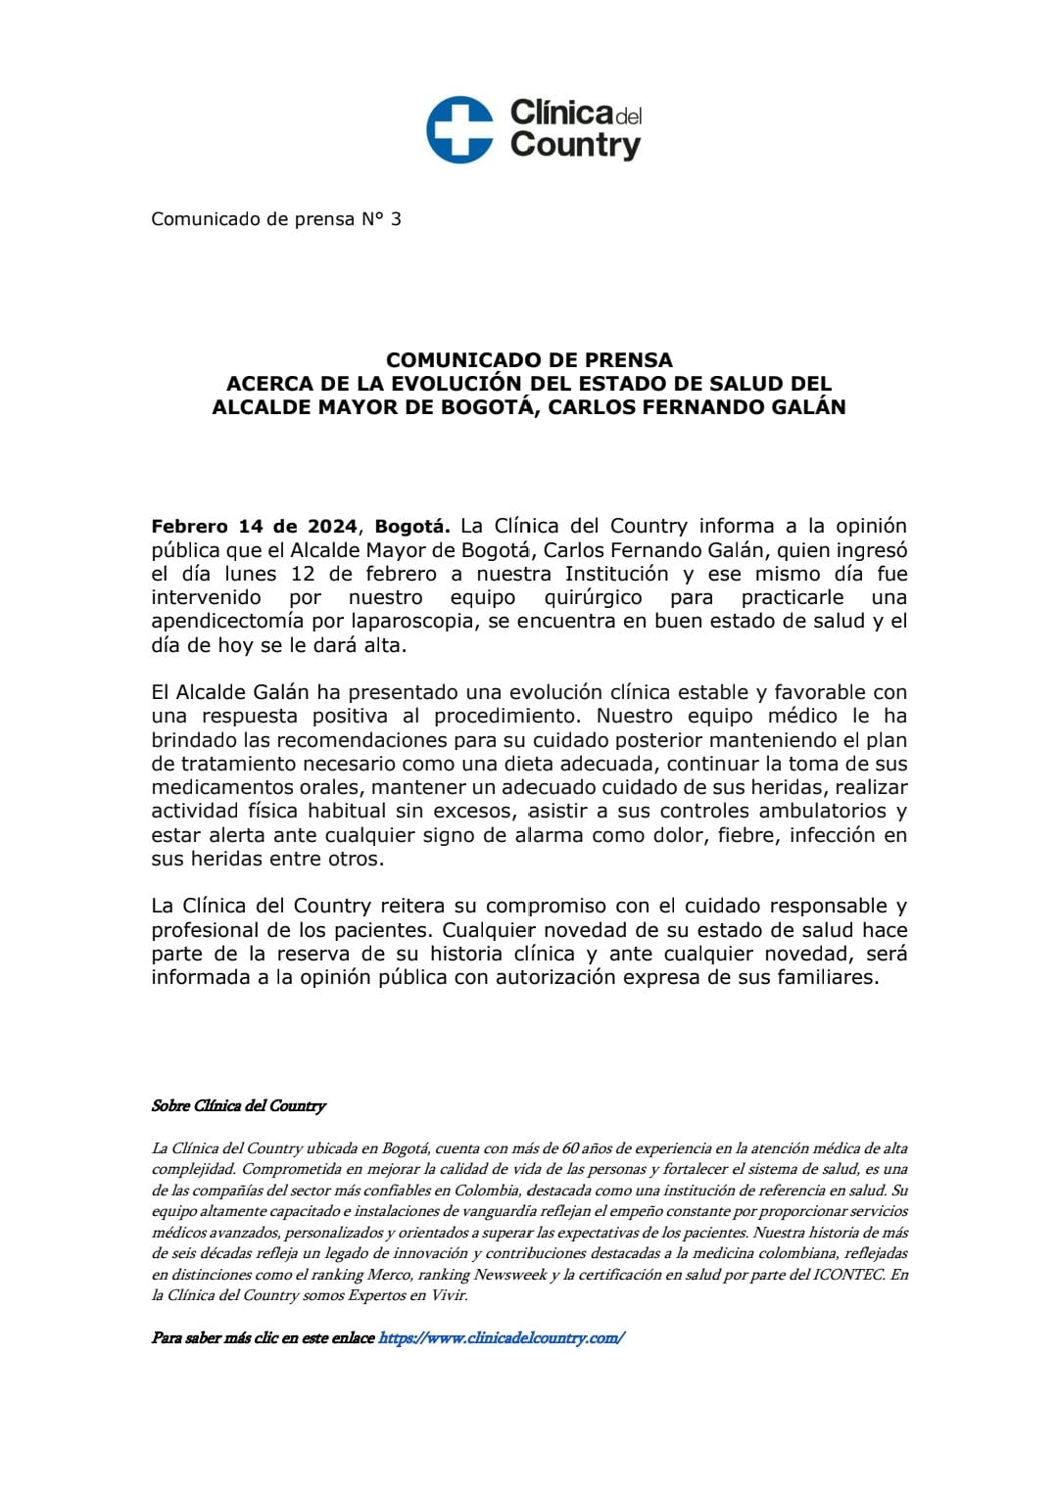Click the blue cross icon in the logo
point(459,129)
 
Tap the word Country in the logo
point(575,146)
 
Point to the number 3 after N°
point(396,219)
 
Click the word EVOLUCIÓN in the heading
point(457,384)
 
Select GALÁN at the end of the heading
point(809,407)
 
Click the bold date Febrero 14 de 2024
point(254,527)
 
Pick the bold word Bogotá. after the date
point(411,527)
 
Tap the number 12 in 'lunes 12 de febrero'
point(302,574)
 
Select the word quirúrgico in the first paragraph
point(593,597)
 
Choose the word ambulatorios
point(822,811)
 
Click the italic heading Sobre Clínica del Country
point(238,1105)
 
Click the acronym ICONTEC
point(848,1275)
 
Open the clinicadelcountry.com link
point(501,1337)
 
